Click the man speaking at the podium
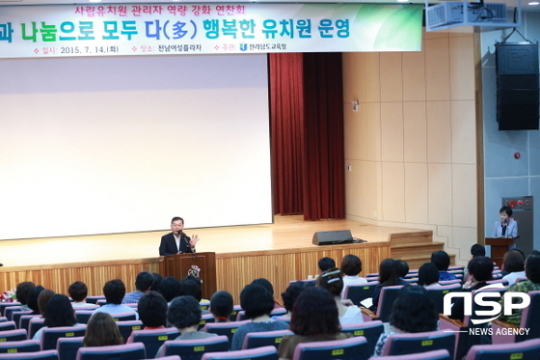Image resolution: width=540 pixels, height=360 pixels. [175, 236]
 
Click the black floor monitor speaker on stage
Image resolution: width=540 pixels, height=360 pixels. [333, 236]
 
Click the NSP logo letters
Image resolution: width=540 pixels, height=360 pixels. [485, 308]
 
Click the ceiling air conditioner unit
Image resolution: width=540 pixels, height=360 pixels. [458, 14]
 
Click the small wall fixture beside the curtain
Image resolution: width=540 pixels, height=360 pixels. [355, 105]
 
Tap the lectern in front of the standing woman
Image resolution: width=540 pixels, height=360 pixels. [499, 248]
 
